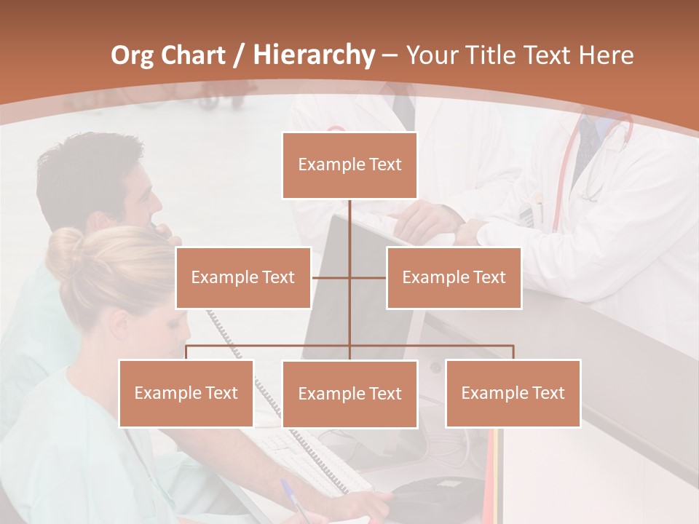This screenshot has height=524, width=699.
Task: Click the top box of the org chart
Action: coord(349,165)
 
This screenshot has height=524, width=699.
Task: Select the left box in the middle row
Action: coord(243,277)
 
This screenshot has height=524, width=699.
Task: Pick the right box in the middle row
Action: coord(454,277)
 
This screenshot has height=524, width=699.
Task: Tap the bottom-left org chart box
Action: coord(186,394)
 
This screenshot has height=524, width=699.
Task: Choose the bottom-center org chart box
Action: coord(349,394)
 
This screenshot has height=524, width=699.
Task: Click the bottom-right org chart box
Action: coord(513,393)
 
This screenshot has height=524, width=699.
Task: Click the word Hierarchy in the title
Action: coord(313,55)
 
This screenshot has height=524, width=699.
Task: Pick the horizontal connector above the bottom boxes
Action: coord(349,346)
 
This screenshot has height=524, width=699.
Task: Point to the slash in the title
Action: coord(238,55)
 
